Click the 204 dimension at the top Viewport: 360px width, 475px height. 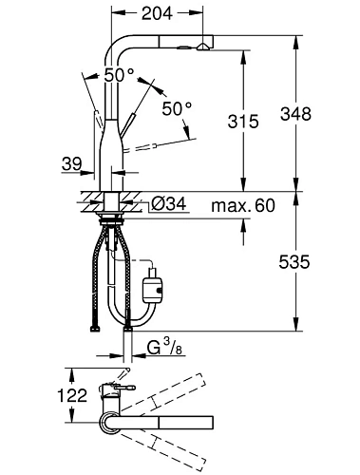(157, 13)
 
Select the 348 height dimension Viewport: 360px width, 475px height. (295, 114)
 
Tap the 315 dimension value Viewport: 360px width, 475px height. (243, 122)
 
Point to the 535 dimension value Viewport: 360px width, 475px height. (294, 262)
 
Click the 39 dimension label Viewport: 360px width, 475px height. (72, 164)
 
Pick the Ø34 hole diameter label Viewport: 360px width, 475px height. (168, 203)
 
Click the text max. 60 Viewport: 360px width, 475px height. (243, 205)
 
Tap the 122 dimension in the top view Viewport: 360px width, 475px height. (72, 395)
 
